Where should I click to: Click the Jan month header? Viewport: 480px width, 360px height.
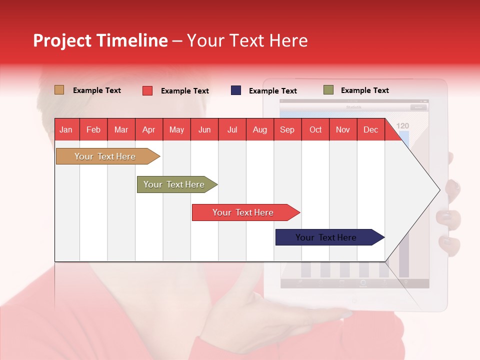pyautogui.click(x=66, y=129)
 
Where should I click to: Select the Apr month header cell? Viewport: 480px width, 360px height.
pyautogui.click(x=149, y=129)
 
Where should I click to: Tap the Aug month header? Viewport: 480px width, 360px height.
pyautogui.click(x=259, y=129)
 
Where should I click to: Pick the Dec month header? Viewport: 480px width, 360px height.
pyautogui.click(x=370, y=129)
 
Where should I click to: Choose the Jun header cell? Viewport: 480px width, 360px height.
pyautogui.click(x=204, y=129)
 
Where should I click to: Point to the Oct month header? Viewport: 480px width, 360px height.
pyautogui.click(x=315, y=129)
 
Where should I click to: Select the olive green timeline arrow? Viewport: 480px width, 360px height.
pyautogui.click(x=175, y=184)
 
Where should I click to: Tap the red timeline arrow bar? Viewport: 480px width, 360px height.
pyautogui.click(x=244, y=212)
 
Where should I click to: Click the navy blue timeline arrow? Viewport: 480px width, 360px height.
pyautogui.click(x=327, y=237)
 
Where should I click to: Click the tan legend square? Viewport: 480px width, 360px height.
pyautogui.click(x=59, y=90)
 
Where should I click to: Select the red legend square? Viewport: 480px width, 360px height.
pyautogui.click(x=147, y=90)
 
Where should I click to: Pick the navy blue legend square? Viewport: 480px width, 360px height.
pyautogui.click(x=236, y=90)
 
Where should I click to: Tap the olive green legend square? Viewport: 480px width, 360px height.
pyautogui.click(x=328, y=90)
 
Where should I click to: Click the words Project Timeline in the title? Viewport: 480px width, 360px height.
pyautogui.click(x=100, y=40)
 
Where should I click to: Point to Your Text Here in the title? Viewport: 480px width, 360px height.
pyautogui.click(x=247, y=40)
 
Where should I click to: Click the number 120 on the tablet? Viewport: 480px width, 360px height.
pyautogui.click(x=402, y=126)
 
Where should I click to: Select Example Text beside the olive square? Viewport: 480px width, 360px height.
pyautogui.click(x=364, y=90)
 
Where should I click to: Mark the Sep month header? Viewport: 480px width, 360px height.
pyautogui.click(x=287, y=129)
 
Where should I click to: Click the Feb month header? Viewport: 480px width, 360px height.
pyautogui.click(x=93, y=129)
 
